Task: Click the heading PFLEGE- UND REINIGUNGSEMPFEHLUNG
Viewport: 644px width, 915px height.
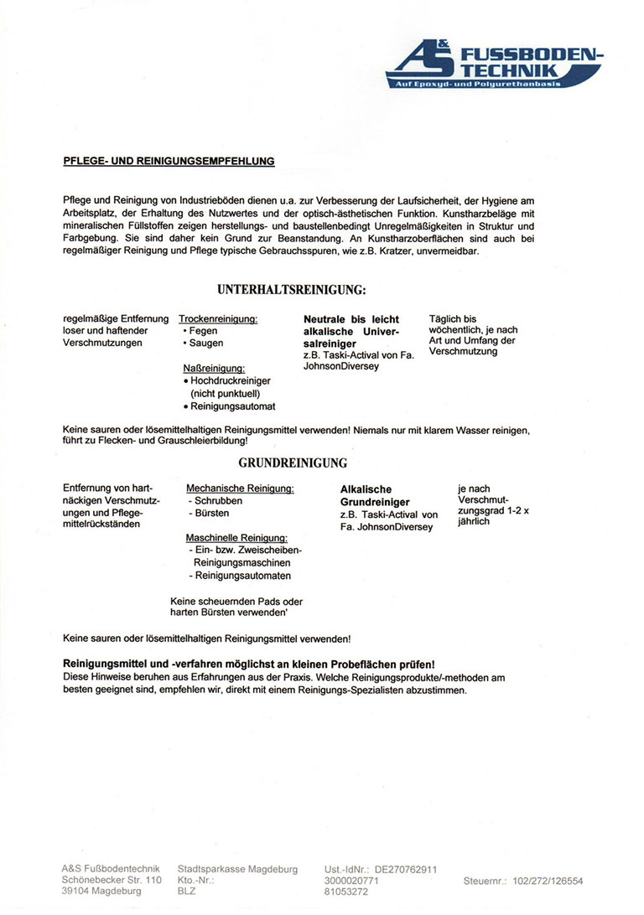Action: (169, 161)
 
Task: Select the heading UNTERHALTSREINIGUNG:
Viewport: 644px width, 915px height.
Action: (291, 290)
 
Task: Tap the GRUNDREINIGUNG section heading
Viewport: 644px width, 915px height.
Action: (293, 463)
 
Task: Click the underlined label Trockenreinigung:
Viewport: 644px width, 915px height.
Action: (218, 319)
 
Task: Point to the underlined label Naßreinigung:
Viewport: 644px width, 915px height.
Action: (214, 368)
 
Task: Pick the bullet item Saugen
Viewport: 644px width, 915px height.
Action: (206, 344)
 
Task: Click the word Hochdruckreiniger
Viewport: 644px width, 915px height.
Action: (231, 380)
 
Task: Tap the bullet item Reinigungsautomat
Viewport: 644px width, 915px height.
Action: (233, 406)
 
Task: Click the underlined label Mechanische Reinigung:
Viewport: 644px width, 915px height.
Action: (240, 489)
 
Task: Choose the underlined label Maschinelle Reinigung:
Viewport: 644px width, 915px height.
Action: (237, 537)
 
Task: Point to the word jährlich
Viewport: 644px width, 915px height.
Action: (474, 521)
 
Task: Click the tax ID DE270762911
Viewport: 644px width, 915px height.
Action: (406, 870)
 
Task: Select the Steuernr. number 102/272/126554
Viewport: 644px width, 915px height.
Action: (548, 881)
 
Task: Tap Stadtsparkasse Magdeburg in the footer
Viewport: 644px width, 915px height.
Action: (237, 870)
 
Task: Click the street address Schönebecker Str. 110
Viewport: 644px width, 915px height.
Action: (112, 881)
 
